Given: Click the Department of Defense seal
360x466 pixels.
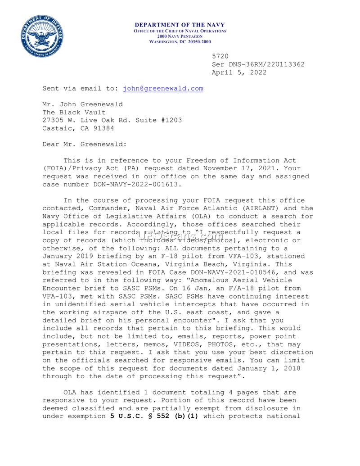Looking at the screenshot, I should point(41,36).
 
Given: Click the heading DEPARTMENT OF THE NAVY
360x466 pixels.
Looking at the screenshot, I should point(180,25).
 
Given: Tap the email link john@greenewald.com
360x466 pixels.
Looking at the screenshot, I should point(163,89).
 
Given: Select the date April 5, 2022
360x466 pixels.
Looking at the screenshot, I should point(239,72).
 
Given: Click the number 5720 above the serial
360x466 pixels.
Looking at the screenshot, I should point(220,56).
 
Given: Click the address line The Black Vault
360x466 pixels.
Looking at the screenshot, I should point(74,112).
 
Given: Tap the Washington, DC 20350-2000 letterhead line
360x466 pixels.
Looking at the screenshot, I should point(180,41).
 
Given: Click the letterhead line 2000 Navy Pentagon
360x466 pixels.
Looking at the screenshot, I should point(180,36).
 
